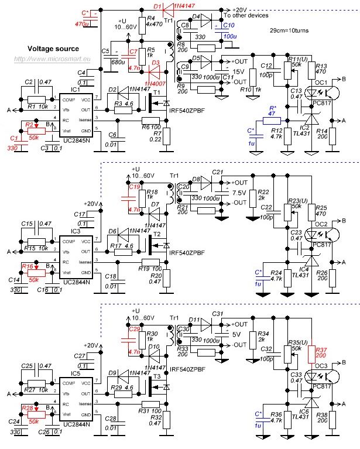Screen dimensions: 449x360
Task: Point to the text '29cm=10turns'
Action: coord(287,29)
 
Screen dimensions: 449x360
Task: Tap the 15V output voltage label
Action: coord(238,71)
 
